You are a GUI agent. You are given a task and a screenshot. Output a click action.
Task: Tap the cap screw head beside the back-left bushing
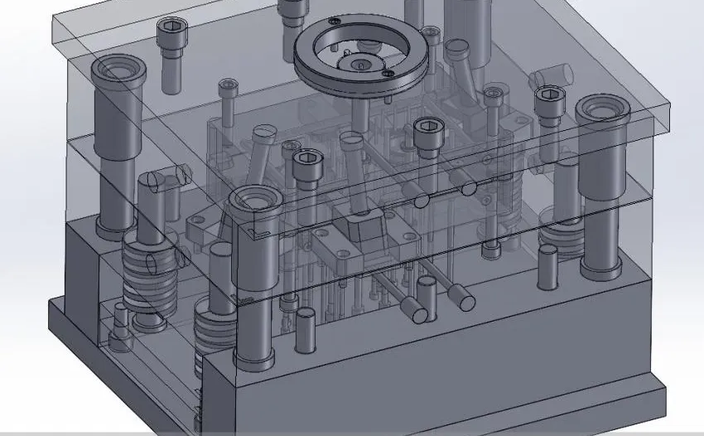(x=171, y=32)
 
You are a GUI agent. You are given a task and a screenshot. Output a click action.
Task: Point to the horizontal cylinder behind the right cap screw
(x=550, y=76)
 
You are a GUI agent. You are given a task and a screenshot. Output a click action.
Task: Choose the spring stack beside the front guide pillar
(x=209, y=332)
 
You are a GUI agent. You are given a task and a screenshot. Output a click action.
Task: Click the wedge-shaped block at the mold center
(x=362, y=227)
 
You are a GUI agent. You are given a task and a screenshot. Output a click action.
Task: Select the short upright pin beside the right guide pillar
(x=547, y=265)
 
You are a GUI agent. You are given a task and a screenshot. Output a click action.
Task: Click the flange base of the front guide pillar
(x=253, y=359)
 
